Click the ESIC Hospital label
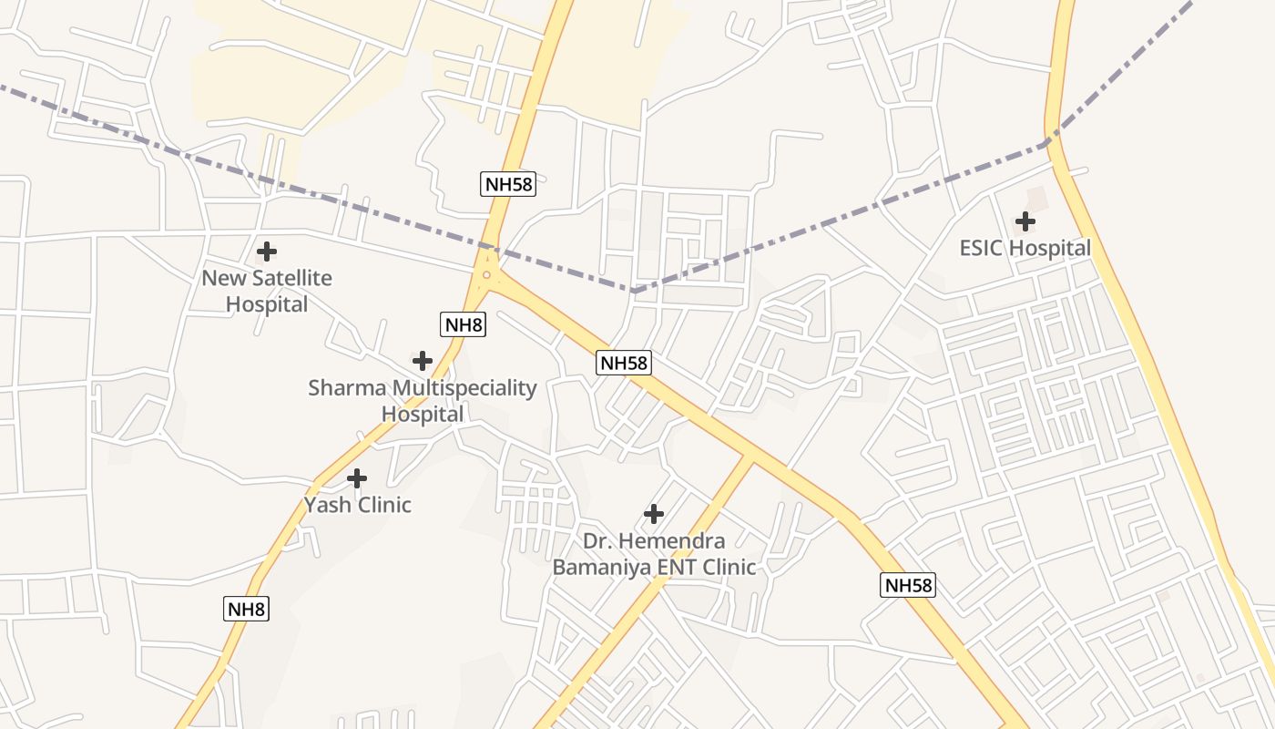pyautogui.click(x=1025, y=248)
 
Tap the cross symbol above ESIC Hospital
pyautogui.click(x=1025, y=221)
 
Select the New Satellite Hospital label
pyautogui.click(x=267, y=291)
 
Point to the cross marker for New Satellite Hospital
pyautogui.click(x=267, y=252)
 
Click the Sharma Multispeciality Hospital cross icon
pyautogui.click(x=422, y=360)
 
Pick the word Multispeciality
pyautogui.click(x=464, y=388)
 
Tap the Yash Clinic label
pyautogui.click(x=358, y=505)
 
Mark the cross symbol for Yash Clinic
pyautogui.click(x=357, y=477)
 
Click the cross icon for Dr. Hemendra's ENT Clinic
pyautogui.click(x=654, y=514)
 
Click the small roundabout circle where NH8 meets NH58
pyautogui.click(x=486, y=274)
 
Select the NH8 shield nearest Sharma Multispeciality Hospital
pyautogui.click(x=464, y=324)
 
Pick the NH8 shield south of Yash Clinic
pyautogui.click(x=246, y=609)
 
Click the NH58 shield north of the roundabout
pyautogui.click(x=508, y=184)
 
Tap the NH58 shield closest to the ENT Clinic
pyautogui.click(x=624, y=363)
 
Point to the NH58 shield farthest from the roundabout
pyautogui.click(x=908, y=585)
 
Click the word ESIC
pyautogui.click(x=982, y=248)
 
